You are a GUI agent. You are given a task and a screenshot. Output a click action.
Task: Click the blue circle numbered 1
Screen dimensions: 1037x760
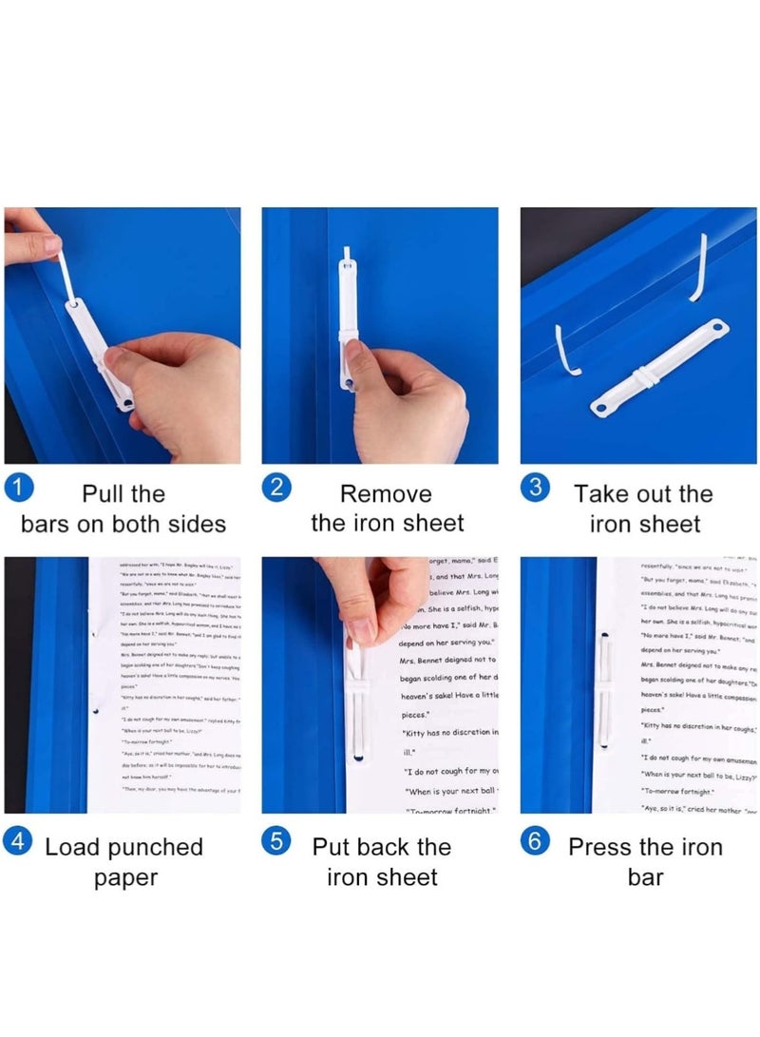pyautogui.click(x=19, y=489)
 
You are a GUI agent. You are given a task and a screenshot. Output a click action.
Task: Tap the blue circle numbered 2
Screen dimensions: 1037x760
pyautogui.click(x=275, y=489)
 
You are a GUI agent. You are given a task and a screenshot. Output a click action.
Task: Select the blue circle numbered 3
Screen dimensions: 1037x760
pyautogui.click(x=536, y=489)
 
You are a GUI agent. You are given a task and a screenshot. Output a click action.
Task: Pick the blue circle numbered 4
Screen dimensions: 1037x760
pyautogui.click(x=19, y=842)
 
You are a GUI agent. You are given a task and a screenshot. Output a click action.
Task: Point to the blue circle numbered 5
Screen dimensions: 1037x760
pyautogui.click(x=275, y=842)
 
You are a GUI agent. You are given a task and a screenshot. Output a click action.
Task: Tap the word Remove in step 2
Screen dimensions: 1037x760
pyautogui.click(x=386, y=494)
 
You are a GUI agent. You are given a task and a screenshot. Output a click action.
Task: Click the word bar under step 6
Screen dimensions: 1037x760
pyautogui.click(x=645, y=877)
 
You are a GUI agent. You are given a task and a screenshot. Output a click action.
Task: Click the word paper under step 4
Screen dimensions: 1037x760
pyautogui.click(x=124, y=877)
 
